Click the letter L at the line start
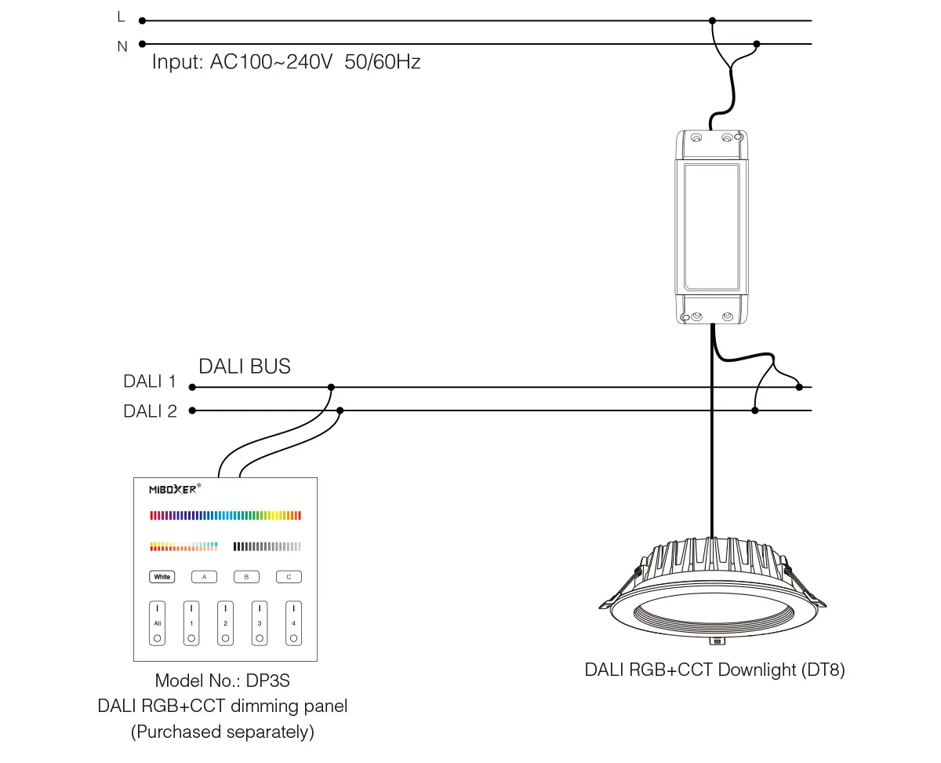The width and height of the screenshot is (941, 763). pyautogui.click(x=120, y=16)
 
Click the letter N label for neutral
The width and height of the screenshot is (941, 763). pyautogui.click(x=122, y=46)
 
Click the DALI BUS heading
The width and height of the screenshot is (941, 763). pyautogui.click(x=244, y=366)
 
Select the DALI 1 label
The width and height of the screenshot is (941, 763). pyautogui.click(x=150, y=382)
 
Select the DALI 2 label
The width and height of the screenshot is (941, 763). pyautogui.click(x=150, y=411)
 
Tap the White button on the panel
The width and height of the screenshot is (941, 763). pyautogui.click(x=162, y=577)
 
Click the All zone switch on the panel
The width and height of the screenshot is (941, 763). pyautogui.click(x=158, y=623)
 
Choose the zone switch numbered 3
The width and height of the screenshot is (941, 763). pyautogui.click(x=260, y=623)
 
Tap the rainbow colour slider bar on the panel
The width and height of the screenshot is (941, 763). pyautogui.click(x=225, y=516)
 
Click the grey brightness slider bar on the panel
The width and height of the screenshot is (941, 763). pyautogui.click(x=267, y=546)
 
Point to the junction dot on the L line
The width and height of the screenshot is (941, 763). pyautogui.click(x=712, y=21)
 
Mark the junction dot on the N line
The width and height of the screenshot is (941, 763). pyautogui.click(x=756, y=45)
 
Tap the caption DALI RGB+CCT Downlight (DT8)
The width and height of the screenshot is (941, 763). pyautogui.click(x=714, y=670)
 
